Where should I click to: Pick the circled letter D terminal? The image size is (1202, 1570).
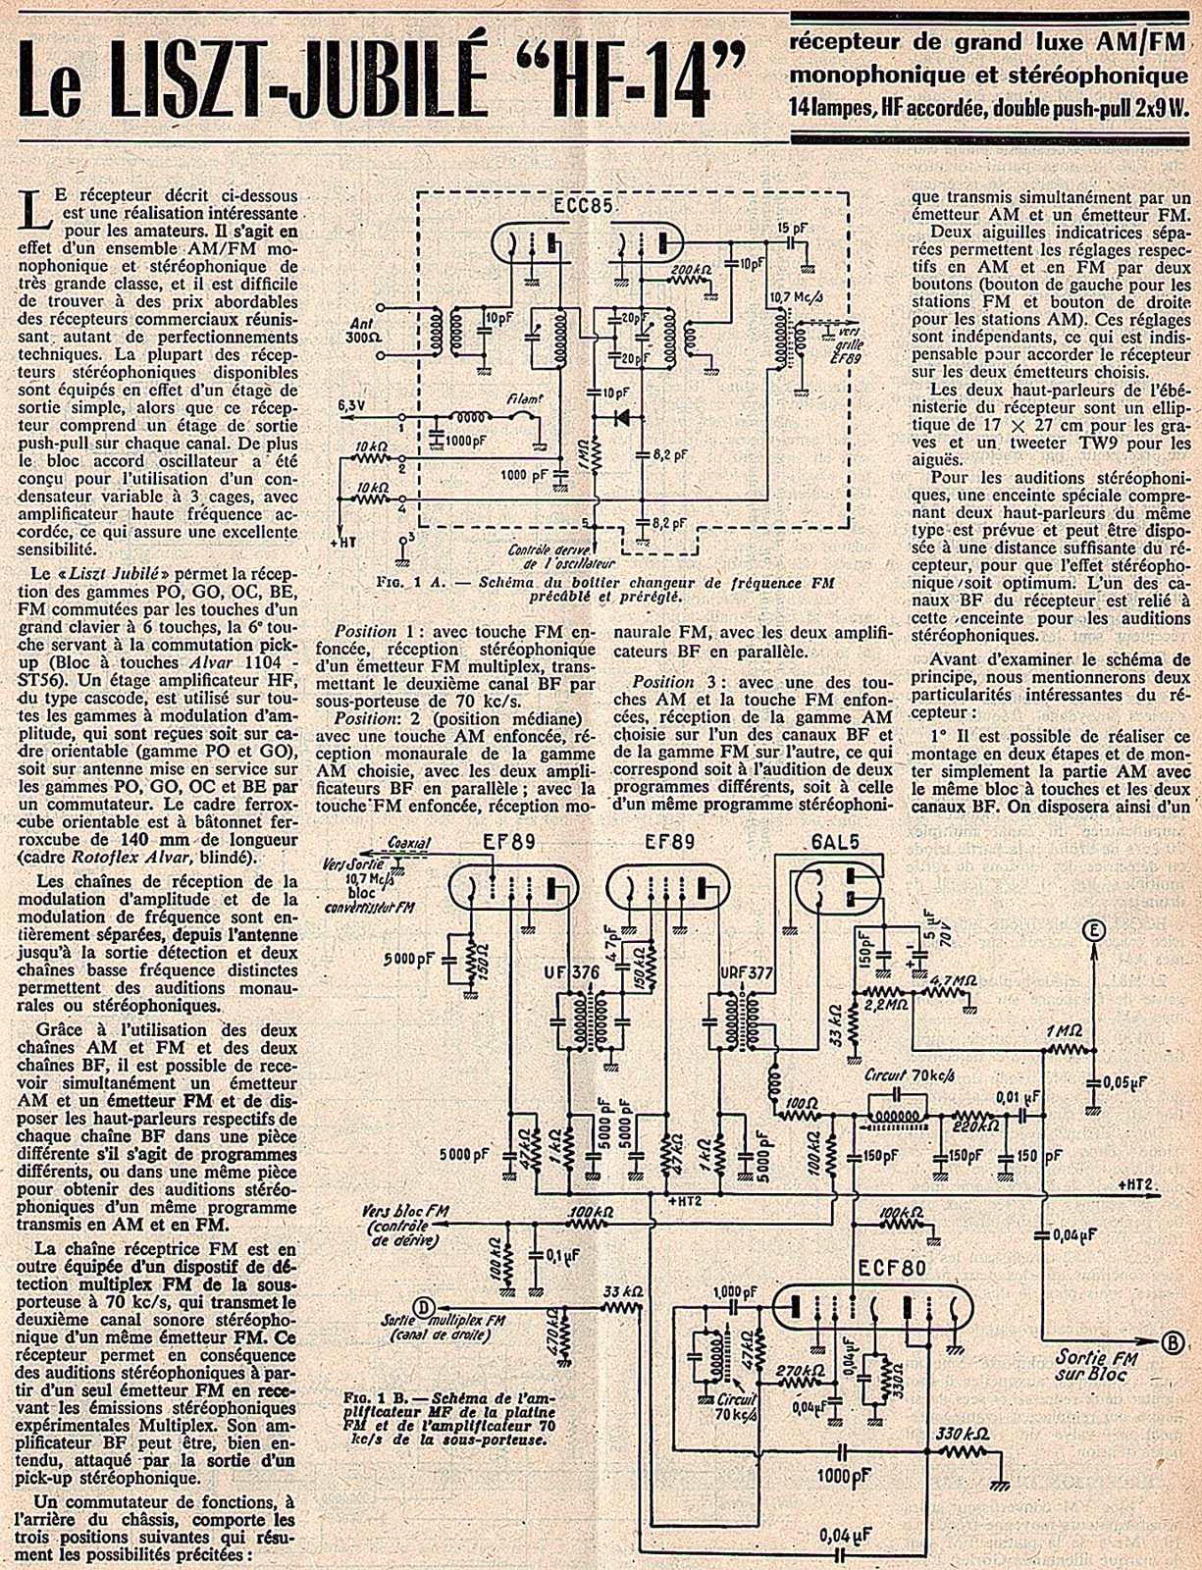(423, 1306)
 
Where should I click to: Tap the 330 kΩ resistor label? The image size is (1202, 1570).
(959, 1433)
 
